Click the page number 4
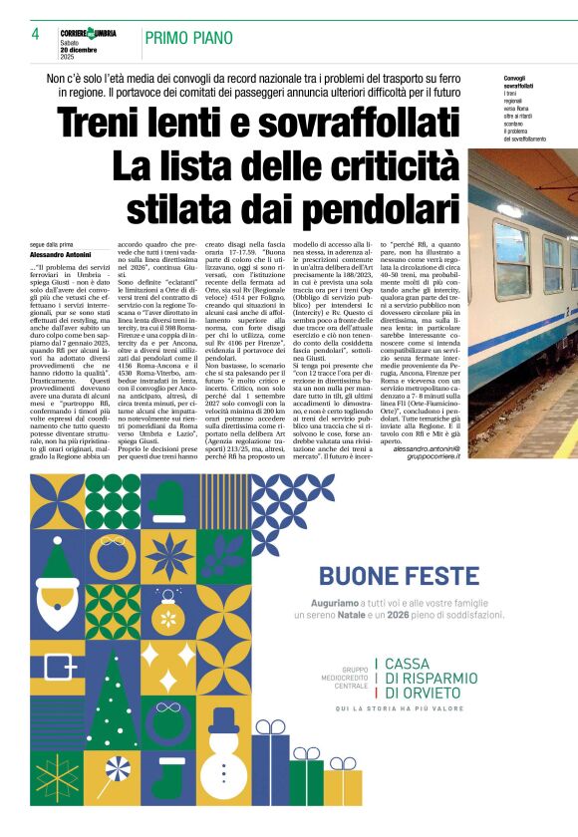(x=35, y=35)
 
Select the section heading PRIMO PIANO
(x=188, y=37)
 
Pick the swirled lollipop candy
(x=118, y=772)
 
